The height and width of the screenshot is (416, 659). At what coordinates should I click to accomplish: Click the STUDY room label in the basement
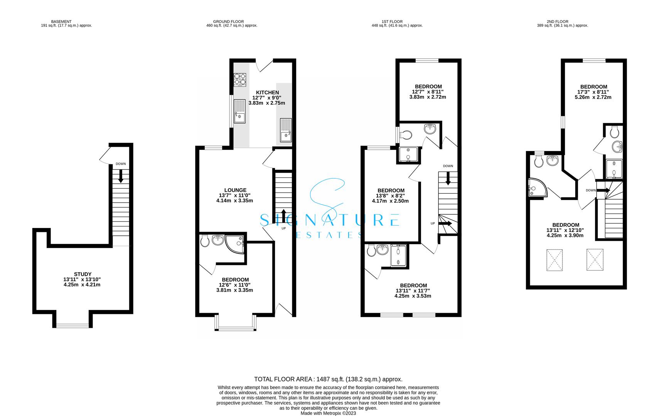click(83, 274)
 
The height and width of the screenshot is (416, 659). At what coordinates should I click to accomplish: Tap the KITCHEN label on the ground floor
click(267, 92)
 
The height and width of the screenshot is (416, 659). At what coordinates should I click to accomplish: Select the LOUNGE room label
click(235, 190)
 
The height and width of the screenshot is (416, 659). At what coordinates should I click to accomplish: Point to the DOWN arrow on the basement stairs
click(121, 176)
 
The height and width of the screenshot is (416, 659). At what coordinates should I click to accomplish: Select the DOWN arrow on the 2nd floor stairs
click(603, 190)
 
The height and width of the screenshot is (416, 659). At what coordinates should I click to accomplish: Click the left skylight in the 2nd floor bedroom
click(555, 260)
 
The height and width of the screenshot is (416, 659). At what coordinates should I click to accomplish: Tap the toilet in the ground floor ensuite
click(205, 241)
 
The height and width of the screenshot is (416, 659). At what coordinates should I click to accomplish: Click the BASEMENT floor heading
click(61, 22)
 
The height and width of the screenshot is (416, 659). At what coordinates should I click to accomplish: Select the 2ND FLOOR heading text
click(557, 22)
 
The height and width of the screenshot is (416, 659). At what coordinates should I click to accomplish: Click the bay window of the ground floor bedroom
click(235, 328)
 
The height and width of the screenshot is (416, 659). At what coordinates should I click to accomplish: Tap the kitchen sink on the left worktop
click(239, 111)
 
